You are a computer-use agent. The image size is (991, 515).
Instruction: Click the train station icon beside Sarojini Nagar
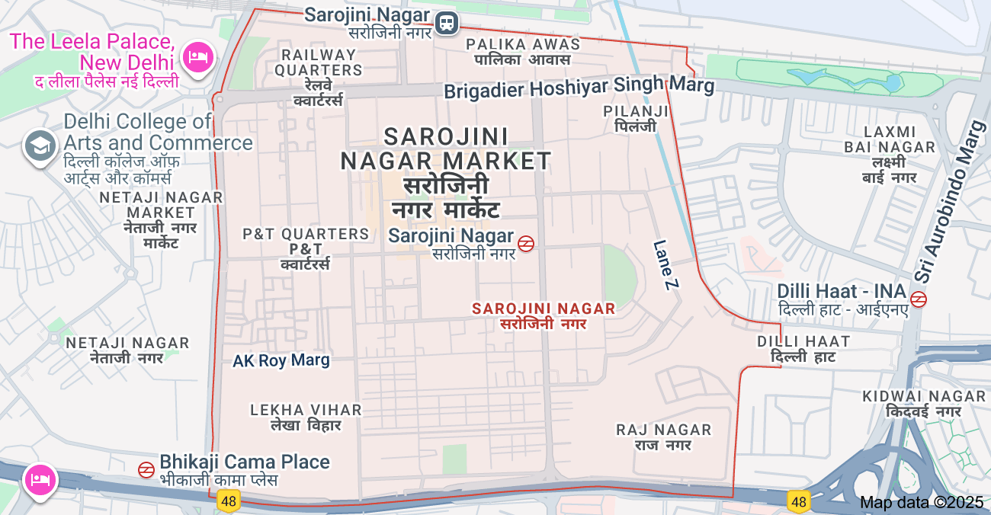tap(447, 23)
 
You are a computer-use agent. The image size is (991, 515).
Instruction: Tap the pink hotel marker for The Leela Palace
tap(198, 57)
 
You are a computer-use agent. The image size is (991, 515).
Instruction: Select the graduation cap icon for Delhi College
tap(40, 145)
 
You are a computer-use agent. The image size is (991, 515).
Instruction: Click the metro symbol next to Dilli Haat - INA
tap(919, 299)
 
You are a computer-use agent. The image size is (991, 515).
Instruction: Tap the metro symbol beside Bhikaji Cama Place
tap(146, 470)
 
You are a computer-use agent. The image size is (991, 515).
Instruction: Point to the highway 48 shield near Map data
tap(798, 501)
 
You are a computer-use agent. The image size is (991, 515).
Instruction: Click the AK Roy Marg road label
tap(281, 360)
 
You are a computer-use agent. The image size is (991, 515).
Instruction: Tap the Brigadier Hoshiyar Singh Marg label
tap(579, 88)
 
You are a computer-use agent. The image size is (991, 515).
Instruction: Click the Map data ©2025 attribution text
tap(922, 502)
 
